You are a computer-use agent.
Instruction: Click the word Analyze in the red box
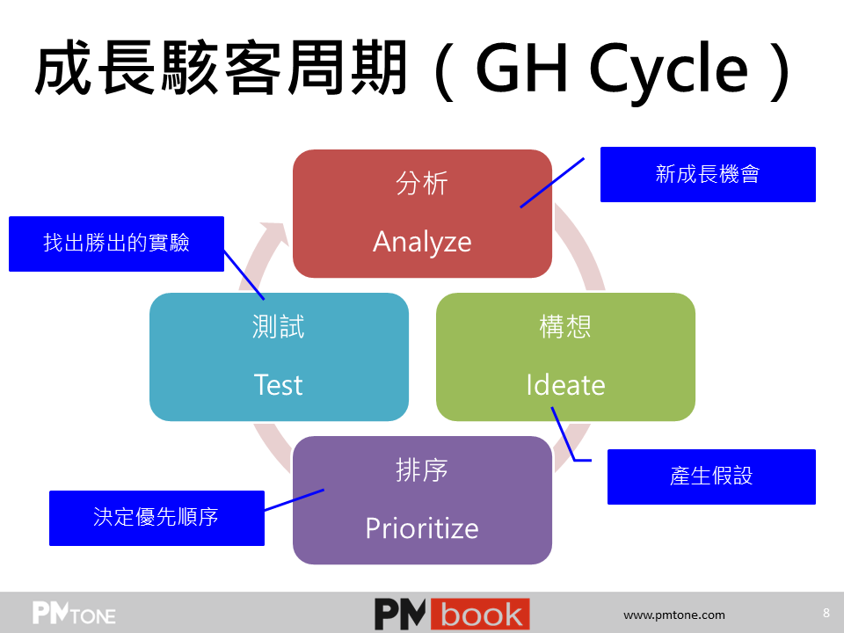click(422, 242)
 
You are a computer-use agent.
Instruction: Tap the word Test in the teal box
click(279, 385)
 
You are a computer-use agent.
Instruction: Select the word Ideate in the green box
click(565, 385)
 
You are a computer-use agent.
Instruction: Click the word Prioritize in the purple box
click(422, 528)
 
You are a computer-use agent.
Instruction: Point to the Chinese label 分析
click(422, 183)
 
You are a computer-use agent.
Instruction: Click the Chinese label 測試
click(279, 327)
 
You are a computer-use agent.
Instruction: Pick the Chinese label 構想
click(565, 327)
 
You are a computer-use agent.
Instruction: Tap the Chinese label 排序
click(422, 469)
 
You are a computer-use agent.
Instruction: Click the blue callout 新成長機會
click(708, 174)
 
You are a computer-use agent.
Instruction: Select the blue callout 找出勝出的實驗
click(116, 244)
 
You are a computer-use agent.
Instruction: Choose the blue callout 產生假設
click(711, 477)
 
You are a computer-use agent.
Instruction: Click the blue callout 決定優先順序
click(156, 518)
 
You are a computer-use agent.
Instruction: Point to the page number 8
click(826, 613)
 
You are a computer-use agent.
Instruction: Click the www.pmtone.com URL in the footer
click(674, 615)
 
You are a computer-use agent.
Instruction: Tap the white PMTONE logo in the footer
click(74, 613)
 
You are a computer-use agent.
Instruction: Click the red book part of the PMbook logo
click(480, 614)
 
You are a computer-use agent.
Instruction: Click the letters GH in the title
click(521, 67)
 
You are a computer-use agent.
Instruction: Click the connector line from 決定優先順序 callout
click(295, 500)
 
